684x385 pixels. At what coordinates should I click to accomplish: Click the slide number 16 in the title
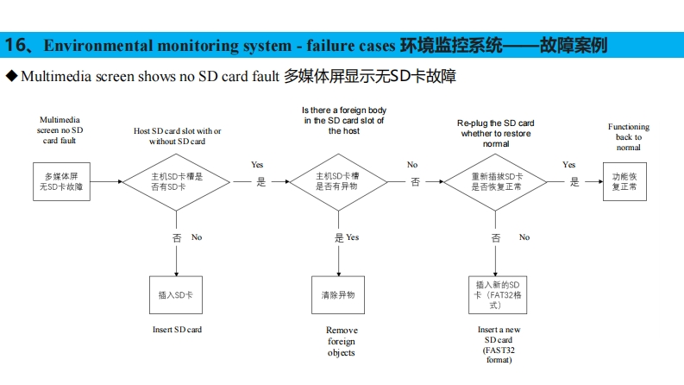[x=15, y=45]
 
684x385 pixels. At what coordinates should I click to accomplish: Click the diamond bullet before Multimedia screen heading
[x=11, y=77]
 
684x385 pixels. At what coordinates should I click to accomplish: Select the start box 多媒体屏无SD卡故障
[x=62, y=181]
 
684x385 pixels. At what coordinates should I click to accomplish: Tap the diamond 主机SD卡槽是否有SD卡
[x=176, y=181]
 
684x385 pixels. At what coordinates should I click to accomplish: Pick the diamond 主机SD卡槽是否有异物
[x=336, y=181]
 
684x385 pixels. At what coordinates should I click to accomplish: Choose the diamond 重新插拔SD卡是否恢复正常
[x=496, y=181]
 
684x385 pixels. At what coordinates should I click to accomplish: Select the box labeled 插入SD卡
[x=176, y=294]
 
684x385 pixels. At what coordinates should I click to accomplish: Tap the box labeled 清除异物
[x=337, y=294]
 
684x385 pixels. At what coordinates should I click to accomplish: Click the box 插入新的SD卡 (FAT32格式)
[x=496, y=294]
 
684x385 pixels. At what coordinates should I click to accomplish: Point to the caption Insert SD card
[x=177, y=330]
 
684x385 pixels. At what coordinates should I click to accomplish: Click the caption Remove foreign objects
[x=341, y=341]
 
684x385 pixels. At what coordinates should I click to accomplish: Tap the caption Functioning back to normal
[x=628, y=137]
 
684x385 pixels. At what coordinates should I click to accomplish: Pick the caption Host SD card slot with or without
[x=177, y=136]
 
